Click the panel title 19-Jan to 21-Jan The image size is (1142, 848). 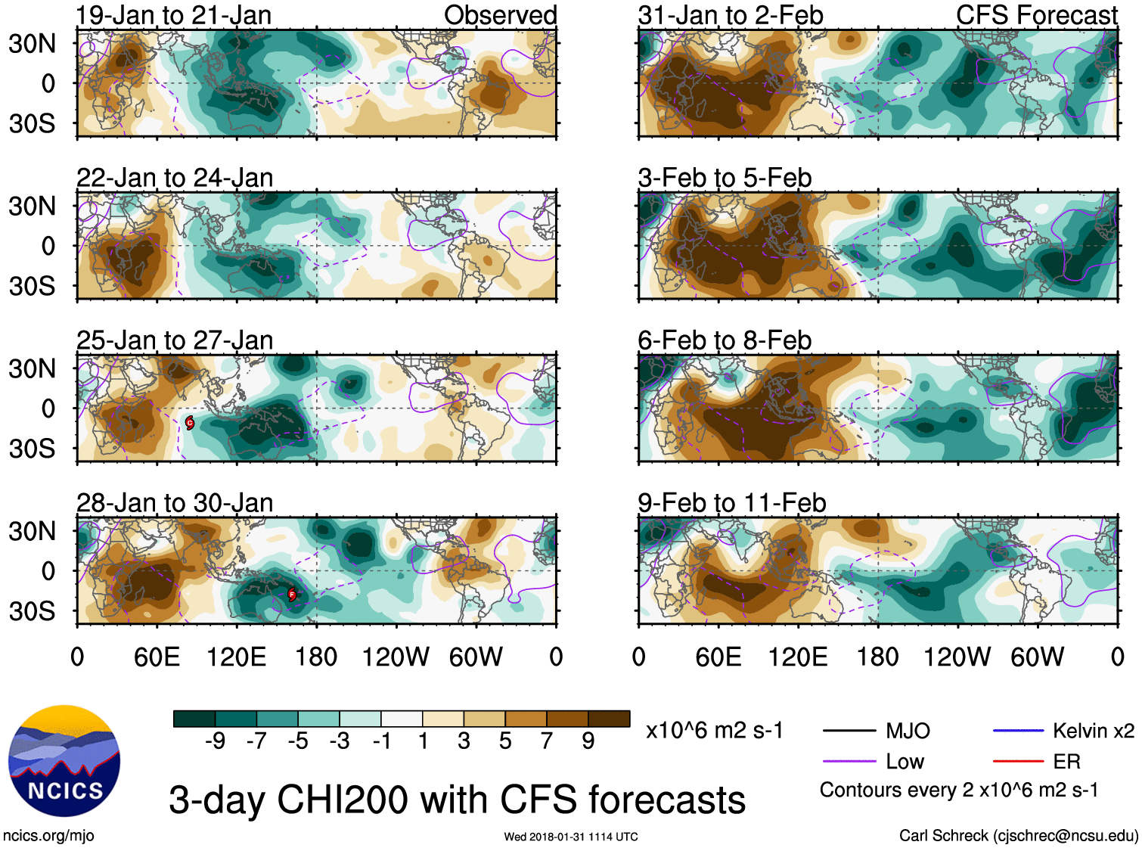coord(174,15)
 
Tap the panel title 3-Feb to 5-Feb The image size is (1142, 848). coord(725,178)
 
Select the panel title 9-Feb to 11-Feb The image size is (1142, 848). coord(731,503)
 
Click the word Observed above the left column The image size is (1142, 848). coord(500,15)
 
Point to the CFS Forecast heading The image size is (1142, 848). coord(1036,15)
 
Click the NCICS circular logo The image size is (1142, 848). coord(64,761)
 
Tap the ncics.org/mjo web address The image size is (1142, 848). coord(48,836)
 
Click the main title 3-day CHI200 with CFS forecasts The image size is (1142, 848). coord(457,800)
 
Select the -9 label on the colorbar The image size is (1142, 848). coord(215,741)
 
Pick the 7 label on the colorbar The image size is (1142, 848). coord(547,741)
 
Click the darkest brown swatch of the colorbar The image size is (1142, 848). coord(609,719)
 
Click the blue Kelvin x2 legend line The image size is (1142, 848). coord(1018,731)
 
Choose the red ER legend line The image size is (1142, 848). coord(1018,762)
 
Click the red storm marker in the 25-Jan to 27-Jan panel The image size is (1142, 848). coord(190,423)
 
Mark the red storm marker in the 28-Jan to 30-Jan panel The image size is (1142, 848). coord(292,595)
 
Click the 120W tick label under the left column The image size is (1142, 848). coord(396,657)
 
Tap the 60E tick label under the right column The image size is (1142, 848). coord(718,657)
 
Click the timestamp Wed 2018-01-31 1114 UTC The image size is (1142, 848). coord(571,837)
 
